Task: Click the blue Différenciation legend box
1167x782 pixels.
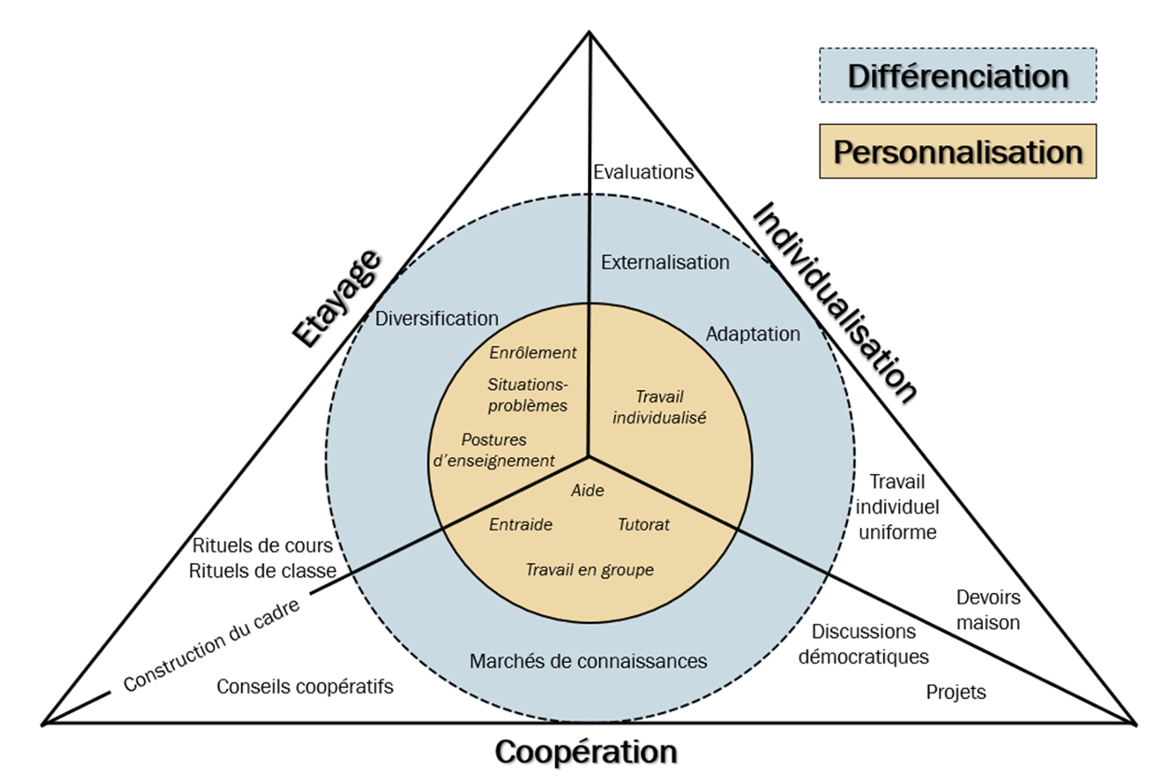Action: click(958, 75)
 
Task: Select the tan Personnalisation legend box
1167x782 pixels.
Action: click(958, 151)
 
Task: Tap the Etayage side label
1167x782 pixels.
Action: click(338, 298)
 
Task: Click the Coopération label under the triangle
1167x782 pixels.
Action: click(585, 751)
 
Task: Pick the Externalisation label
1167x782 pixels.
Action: click(665, 263)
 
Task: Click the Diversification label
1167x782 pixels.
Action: click(437, 318)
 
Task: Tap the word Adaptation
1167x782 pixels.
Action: click(753, 333)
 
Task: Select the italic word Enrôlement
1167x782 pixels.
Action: click(532, 353)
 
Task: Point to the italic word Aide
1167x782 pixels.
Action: click(587, 490)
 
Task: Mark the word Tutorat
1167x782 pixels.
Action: click(643, 524)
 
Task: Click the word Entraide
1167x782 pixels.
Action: click(520, 524)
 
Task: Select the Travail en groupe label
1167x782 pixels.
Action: click(589, 570)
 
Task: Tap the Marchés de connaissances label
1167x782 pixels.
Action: click(588, 661)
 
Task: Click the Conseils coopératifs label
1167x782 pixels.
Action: click(305, 687)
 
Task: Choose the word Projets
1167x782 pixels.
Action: click(956, 693)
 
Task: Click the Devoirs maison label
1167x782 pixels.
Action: click(988, 610)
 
